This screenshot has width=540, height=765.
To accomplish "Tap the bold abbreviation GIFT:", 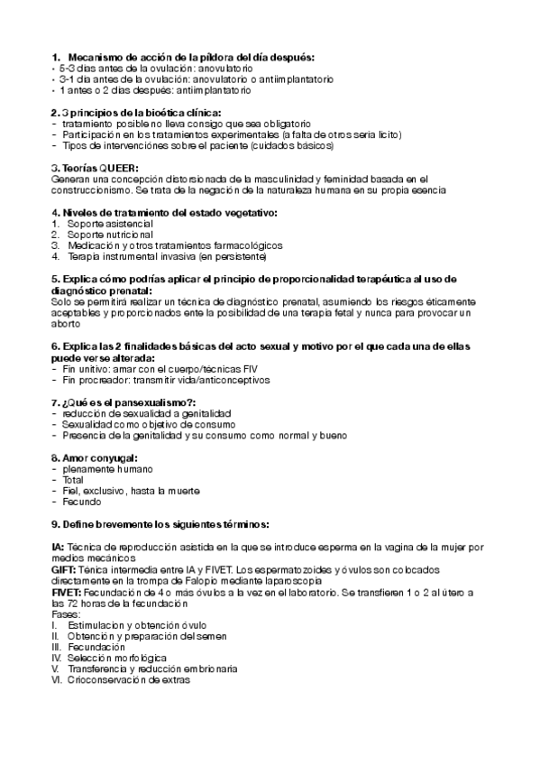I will (66, 570).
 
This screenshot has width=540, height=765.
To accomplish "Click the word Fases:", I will (67, 613).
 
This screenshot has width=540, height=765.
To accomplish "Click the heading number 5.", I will (55, 279).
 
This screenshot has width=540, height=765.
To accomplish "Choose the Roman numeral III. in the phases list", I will (56, 647).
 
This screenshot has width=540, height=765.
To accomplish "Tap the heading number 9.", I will (55, 523).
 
